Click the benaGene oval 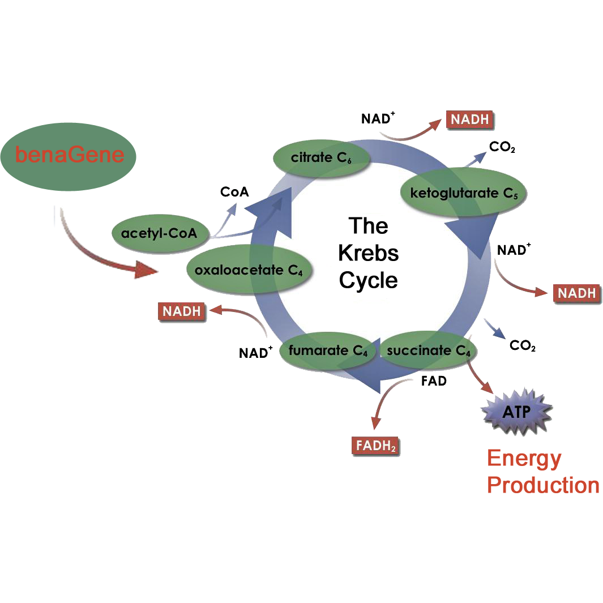(69, 155)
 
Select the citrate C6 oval (321, 158)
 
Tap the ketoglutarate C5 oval (463, 193)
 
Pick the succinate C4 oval (428, 351)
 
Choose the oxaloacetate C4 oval (249, 270)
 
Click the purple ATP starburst (516, 412)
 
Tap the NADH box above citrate (469, 120)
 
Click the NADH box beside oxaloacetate (181, 311)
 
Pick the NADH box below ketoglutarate (576, 293)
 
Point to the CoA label (234, 192)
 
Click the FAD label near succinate (434, 381)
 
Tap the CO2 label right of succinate (522, 345)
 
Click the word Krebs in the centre (369, 253)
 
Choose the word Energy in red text (524, 459)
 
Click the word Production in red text (543, 486)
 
